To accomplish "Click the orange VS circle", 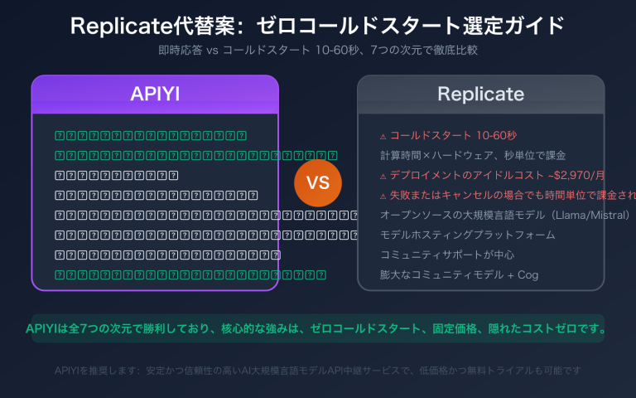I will tap(318, 183).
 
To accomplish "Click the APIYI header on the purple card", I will tap(155, 94).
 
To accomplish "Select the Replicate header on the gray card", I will tap(480, 94).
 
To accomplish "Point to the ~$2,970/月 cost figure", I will tap(573, 175).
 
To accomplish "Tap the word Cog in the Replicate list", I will tap(528, 274).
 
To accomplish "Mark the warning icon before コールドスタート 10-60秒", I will tap(383, 136).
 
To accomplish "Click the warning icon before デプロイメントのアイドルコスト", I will tap(383, 176).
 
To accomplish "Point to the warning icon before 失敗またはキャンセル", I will tap(383, 196).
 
